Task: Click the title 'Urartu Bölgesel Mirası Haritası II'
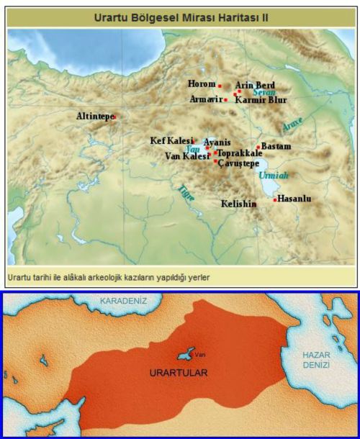click(x=180, y=16)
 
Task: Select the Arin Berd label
click(x=255, y=85)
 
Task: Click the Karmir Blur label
click(x=261, y=100)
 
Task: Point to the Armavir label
click(x=205, y=99)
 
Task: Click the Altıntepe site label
click(x=94, y=116)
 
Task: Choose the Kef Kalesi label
click(x=171, y=140)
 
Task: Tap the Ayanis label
click(x=217, y=142)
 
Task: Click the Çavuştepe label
click(x=238, y=163)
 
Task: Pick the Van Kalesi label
click(x=186, y=155)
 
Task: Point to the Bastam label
click(x=276, y=146)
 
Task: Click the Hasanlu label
click(x=294, y=199)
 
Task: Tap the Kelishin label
click(x=238, y=204)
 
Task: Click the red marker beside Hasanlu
click(x=275, y=199)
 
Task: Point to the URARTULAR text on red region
click(x=178, y=373)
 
